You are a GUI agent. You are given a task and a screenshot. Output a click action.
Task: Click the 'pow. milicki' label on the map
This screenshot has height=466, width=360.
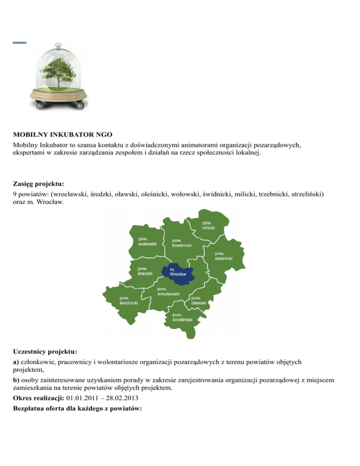click(209, 225)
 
